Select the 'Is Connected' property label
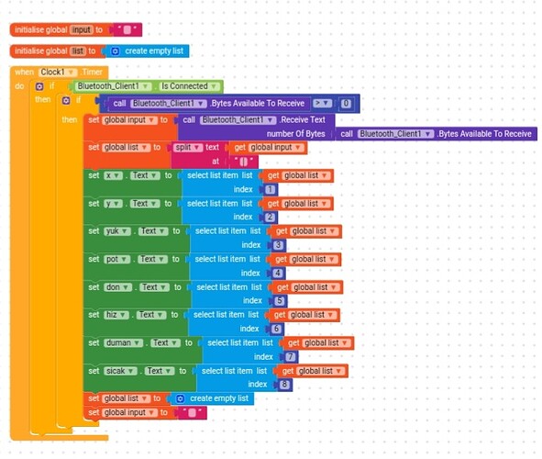[185, 86]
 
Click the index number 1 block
[270, 189]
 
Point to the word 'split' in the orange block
[183, 147]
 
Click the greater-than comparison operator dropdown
[322, 104]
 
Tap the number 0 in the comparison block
[345, 104]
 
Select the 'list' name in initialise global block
[77, 51]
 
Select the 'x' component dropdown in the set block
[112, 175]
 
